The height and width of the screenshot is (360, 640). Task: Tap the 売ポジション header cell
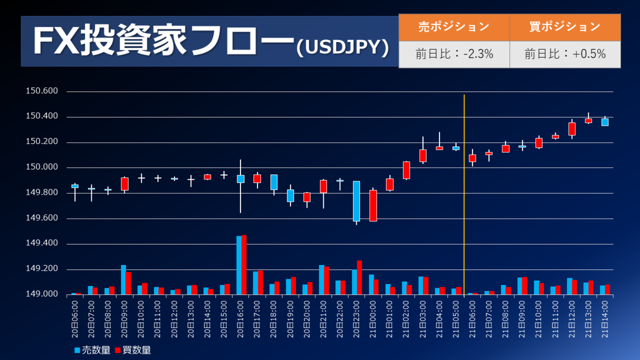[454, 27]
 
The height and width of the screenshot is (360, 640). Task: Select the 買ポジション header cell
[565, 27]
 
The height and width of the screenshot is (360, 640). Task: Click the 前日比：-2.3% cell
[454, 54]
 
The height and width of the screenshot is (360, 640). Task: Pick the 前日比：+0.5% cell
[565, 54]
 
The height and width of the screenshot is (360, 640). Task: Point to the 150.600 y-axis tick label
[42, 91]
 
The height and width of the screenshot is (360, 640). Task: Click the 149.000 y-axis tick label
[42, 294]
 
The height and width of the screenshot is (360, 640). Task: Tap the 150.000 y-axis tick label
[42, 167]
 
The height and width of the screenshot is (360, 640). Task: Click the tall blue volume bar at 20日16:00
[239, 265]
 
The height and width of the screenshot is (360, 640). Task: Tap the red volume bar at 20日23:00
[359, 277]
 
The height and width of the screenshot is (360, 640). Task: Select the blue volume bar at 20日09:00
[123, 279]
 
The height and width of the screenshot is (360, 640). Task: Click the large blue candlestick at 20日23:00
[356, 201]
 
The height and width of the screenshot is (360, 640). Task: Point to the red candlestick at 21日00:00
[373, 205]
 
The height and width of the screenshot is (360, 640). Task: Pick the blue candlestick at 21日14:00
[605, 122]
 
